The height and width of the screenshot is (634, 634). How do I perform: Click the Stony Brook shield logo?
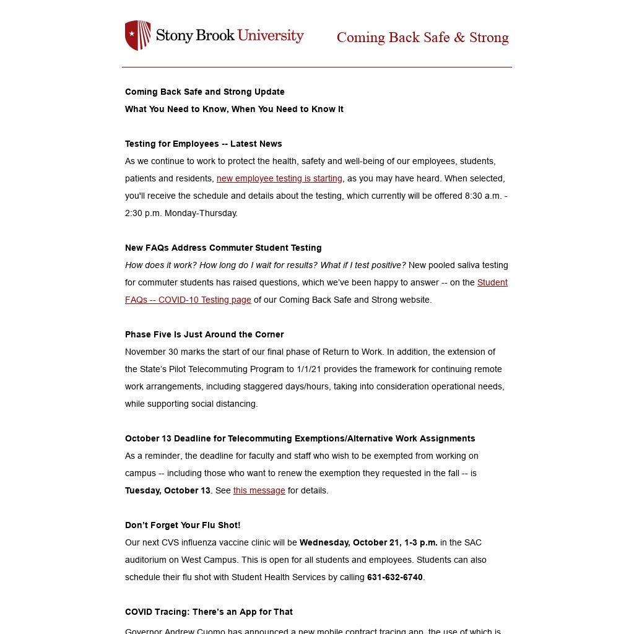[137, 35]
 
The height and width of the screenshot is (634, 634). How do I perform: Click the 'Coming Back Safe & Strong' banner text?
[422, 38]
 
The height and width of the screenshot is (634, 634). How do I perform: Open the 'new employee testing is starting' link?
[279, 178]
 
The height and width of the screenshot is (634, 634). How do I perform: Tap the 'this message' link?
[259, 490]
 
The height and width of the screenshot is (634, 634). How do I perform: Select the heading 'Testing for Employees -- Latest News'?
[203, 144]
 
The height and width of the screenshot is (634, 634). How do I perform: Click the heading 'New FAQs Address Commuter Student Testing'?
[223, 248]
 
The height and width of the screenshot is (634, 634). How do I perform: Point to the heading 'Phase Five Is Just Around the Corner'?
[204, 334]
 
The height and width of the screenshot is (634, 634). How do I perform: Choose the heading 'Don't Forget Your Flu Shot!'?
[183, 525]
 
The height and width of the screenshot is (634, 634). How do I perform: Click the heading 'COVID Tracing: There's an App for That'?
[209, 612]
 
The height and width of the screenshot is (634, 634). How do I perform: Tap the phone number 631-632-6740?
[394, 577]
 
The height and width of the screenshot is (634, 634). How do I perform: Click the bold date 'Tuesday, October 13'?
[167, 490]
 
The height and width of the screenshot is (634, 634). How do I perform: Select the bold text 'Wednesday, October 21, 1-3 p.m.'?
[368, 542]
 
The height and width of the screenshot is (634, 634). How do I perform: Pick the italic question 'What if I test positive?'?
[363, 265]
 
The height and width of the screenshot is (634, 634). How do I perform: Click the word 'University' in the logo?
[271, 35]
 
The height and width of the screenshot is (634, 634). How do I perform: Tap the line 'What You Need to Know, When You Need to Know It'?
[234, 109]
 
